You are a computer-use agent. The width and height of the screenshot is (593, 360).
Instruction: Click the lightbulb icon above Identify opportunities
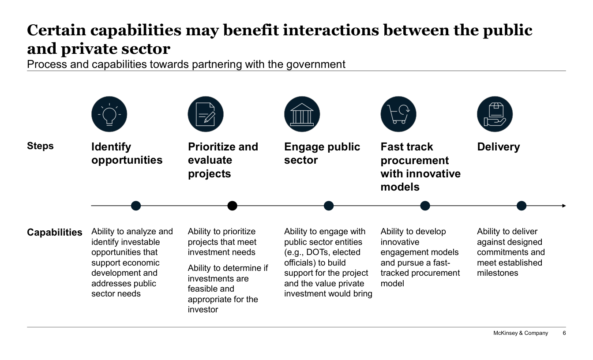(x=109, y=114)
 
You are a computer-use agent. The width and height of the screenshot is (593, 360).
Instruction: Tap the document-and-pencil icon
(x=206, y=114)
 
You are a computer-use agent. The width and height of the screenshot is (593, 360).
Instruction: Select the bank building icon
(x=302, y=114)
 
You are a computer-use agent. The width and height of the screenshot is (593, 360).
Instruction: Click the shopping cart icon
(x=398, y=114)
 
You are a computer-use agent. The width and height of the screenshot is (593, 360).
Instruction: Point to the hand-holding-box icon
(x=495, y=114)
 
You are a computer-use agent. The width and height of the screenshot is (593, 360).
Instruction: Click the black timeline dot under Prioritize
(x=232, y=206)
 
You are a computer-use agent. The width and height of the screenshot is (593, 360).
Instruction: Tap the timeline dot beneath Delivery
(x=522, y=206)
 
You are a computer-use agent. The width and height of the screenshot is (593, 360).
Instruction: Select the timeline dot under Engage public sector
(x=329, y=206)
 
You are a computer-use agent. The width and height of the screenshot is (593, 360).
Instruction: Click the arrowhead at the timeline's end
(x=563, y=206)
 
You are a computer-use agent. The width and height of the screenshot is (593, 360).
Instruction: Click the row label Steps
(x=40, y=146)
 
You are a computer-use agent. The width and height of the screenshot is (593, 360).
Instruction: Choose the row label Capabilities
(x=55, y=232)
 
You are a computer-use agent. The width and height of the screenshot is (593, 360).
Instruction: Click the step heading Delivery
(x=499, y=147)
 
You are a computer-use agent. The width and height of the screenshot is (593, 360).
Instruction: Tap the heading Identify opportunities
(x=127, y=154)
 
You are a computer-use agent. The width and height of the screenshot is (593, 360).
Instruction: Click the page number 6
(x=564, y=333)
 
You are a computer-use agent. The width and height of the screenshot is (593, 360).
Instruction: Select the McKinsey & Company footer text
(x=521, y=333)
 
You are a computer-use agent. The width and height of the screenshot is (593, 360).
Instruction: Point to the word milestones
(x=497, y=273)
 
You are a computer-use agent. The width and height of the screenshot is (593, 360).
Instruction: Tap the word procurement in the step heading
(x=414, y=161)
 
